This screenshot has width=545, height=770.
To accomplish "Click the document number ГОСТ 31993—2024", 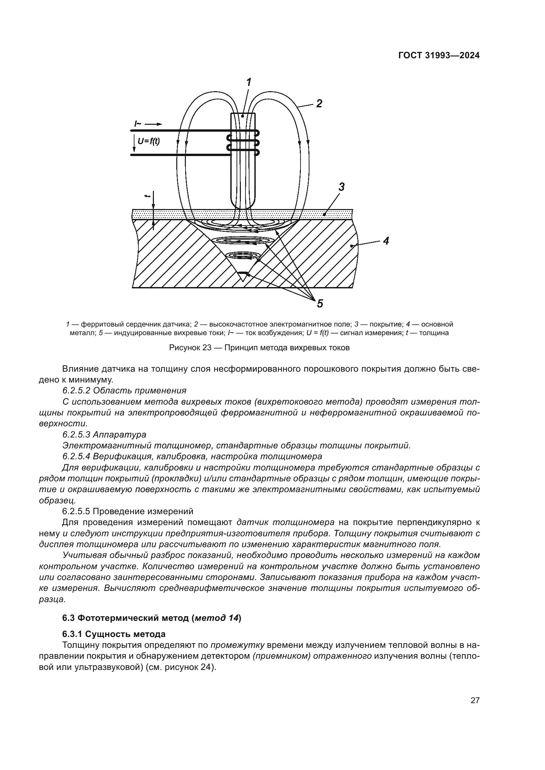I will [x=439, y=56].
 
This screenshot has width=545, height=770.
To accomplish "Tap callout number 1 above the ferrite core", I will [x=249, y=82].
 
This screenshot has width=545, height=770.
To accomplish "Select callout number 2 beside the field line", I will [x=319, y=103].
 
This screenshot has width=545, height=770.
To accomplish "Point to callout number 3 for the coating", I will [x=341, y=187].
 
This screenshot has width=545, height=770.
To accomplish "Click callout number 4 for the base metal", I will [x=386, y=240].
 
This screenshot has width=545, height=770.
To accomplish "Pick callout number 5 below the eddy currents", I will [x=320, y=304].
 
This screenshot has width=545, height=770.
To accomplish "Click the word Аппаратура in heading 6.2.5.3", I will [x=120, y=435].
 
